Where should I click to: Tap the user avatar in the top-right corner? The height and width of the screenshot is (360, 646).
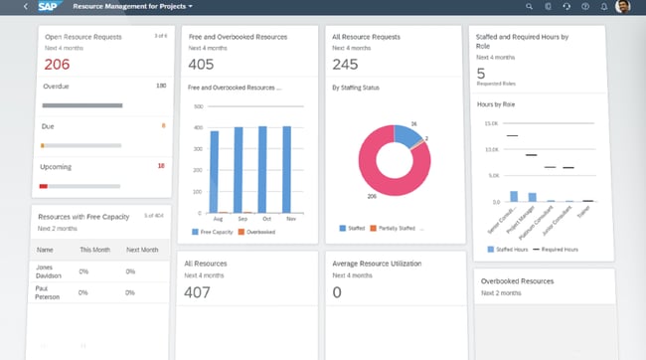point(623,7)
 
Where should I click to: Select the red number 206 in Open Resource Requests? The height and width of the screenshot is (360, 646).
point(57,65)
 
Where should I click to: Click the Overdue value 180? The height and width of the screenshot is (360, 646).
point(160,86)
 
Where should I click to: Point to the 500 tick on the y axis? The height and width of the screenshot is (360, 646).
point(198,105)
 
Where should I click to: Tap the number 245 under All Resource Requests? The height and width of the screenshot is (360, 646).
point(346,65)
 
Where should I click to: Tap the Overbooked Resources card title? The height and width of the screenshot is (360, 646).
point(518,281)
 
